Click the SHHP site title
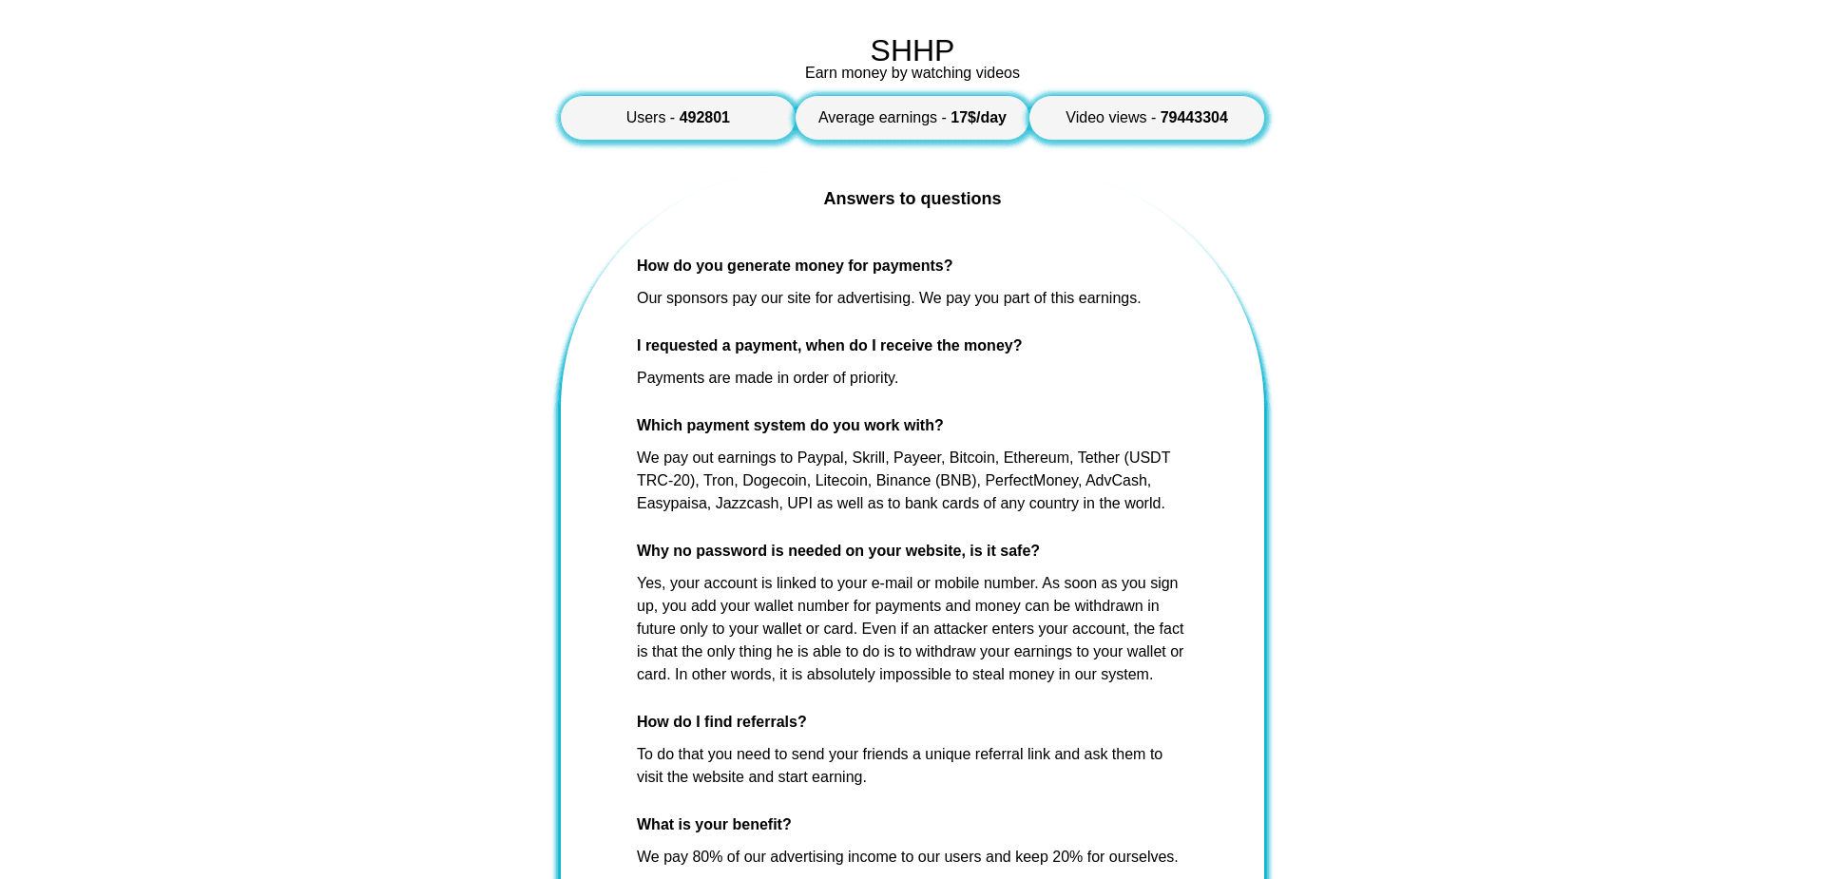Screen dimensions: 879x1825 [912, 50]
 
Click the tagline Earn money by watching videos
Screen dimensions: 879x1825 [912, 73]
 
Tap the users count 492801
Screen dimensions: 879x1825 [703, 118]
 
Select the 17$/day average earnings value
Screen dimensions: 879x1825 [978, 118]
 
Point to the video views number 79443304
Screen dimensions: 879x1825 [1193, 118]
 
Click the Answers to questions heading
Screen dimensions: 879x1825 [912, 199]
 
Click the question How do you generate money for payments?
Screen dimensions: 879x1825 [794, 266]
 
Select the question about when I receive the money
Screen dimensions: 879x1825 [829, 346]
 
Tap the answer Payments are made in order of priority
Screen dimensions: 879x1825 [767, 378]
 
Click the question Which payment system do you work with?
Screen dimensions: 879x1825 [789, 426]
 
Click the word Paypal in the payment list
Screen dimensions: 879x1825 [819, 458]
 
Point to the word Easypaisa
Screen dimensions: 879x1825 [671, 504]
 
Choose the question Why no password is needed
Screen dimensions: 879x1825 [837, 551]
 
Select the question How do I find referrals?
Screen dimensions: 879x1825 [720, 722]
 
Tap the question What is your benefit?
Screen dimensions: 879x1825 [713, 825]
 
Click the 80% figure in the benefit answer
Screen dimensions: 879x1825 [707, 857]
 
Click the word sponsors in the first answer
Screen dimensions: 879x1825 [697, 298]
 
